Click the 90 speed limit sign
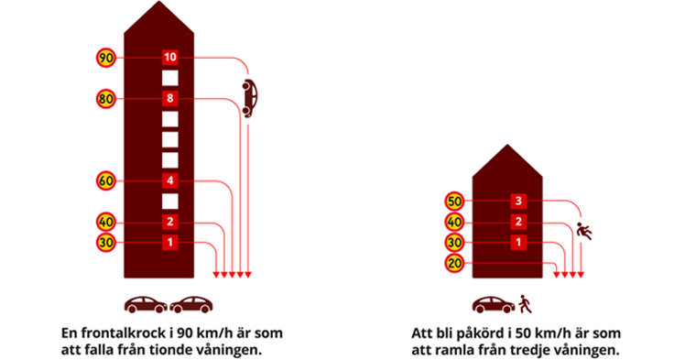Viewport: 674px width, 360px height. (105, 58)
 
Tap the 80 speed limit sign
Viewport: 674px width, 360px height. (105, 98)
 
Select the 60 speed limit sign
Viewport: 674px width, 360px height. (105, 180)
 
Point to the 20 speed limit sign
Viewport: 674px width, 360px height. (454, 265)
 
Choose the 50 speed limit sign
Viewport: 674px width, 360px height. (454, 201)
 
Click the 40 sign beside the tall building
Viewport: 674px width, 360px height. (105, 221)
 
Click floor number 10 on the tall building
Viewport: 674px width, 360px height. (169, 58)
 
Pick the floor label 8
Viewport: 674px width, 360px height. (169, 98)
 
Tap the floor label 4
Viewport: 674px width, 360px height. (169, 180)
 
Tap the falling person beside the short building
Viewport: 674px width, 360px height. (585, 231)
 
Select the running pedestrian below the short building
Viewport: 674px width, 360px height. (523, 303)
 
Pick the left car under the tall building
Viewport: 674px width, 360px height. (147, 303)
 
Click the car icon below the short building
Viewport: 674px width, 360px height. (493, 303)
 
